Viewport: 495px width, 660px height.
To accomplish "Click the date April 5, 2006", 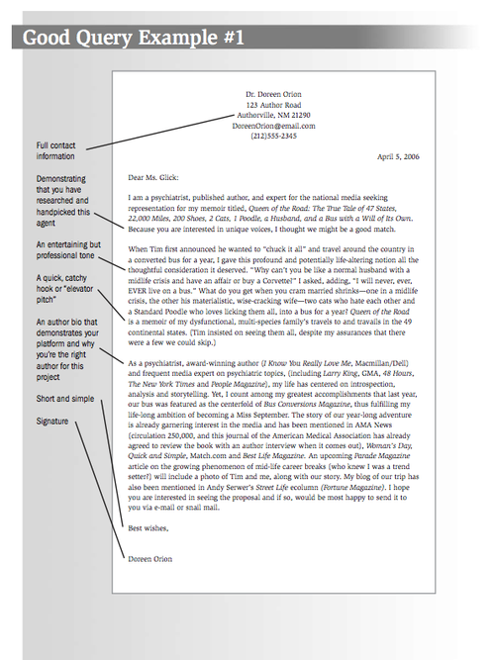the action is [x=399, y=156].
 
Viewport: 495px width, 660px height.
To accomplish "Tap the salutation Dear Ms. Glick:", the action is [x=157, y=178].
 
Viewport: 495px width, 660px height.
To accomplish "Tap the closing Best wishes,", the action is [x=149, y=527].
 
